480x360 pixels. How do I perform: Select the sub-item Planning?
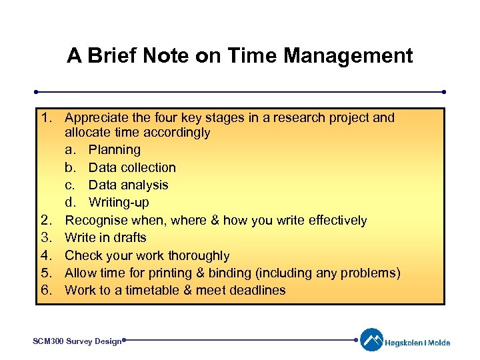(115, 150)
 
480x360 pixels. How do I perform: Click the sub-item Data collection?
(132, 167)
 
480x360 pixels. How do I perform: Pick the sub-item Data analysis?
(128, 185)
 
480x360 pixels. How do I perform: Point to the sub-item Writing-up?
(119, 202)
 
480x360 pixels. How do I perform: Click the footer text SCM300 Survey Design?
(77, 341)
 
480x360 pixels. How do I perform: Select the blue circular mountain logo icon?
(371, 340)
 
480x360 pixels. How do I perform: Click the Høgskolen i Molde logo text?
(417, 343)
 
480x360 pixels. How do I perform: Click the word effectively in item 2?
(335, 220)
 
